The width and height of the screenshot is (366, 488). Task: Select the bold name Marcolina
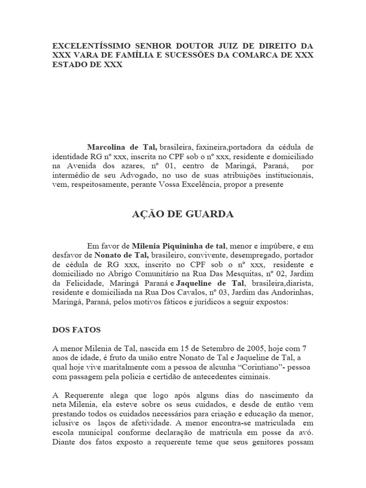(107, 147)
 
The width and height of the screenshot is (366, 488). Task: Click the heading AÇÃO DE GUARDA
(183, 214)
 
